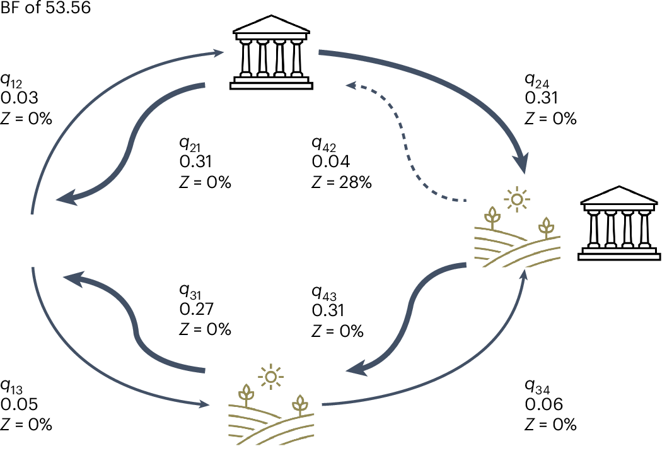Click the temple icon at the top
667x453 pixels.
click(x=272, y=53)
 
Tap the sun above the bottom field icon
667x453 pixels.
click(x=271, y=377)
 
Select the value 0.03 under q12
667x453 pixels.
click(x=20, y=98)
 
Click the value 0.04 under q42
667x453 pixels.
click(x=330, y=162)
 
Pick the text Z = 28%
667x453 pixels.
click(x=341, y=182)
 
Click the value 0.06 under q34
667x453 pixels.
click(x=543, y=404)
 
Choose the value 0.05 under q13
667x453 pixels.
click(x=20, y=404)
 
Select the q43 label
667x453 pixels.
click(x=323, y=292)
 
